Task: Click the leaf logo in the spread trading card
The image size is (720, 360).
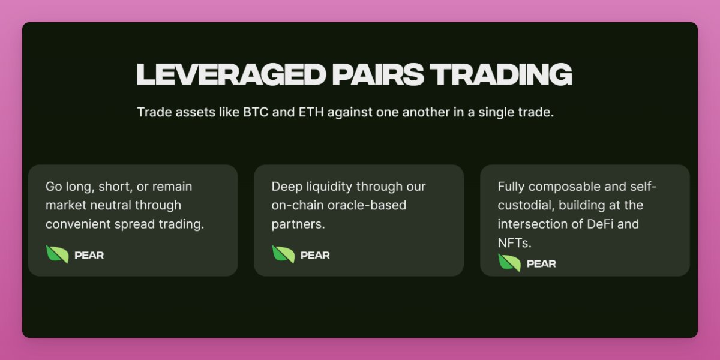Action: (x=58, y=254)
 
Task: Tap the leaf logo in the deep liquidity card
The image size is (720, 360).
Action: (x=283, y=254)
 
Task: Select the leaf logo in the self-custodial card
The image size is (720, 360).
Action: (x=509, y=263)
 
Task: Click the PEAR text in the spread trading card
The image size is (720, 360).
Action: (x=89, y=255)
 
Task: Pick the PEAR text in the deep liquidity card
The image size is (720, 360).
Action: (x=315, y=255)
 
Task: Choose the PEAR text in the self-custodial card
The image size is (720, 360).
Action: (x=541, y=263)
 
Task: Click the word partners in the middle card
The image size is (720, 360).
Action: (x=297, y=224)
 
